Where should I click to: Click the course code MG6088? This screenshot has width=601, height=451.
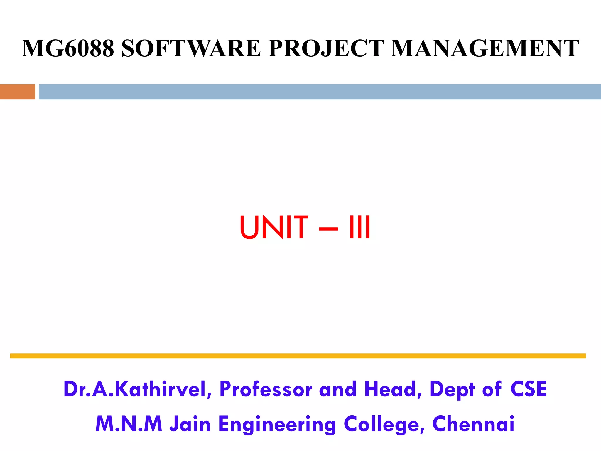(x=68, y=48)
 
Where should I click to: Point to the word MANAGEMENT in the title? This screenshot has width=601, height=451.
(x=485, y=48)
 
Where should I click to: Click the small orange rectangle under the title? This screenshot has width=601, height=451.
(x=18, y=92)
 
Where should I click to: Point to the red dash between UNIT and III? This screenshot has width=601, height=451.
(x=328, y=228)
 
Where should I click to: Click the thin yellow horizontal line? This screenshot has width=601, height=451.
(x=298, y=356)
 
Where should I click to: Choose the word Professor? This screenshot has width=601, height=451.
(x=266, y=389)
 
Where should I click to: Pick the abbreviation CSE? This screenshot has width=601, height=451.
(x=529, y=389)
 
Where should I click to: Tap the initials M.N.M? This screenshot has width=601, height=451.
(x=129, y=424)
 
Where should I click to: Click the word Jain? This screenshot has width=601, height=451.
(x=190, y=424)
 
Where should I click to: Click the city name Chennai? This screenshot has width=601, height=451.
(x=473, y=424)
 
